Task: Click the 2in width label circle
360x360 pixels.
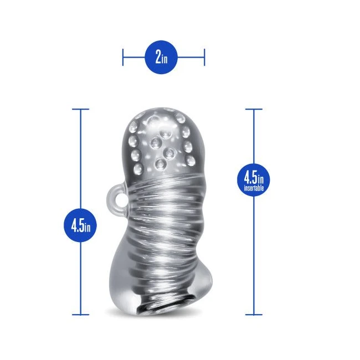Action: coord(161,57)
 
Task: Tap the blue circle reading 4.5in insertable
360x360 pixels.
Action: coord(254,179)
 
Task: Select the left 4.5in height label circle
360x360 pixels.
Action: coord(80,225)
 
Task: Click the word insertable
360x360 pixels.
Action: coord(254,188)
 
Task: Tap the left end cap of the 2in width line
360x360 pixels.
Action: coord(123,57)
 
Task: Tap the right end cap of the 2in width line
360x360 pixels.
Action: coord(204,57)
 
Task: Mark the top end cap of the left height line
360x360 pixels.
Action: coord(81,109)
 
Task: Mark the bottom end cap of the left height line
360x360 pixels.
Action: coord(81,315)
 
